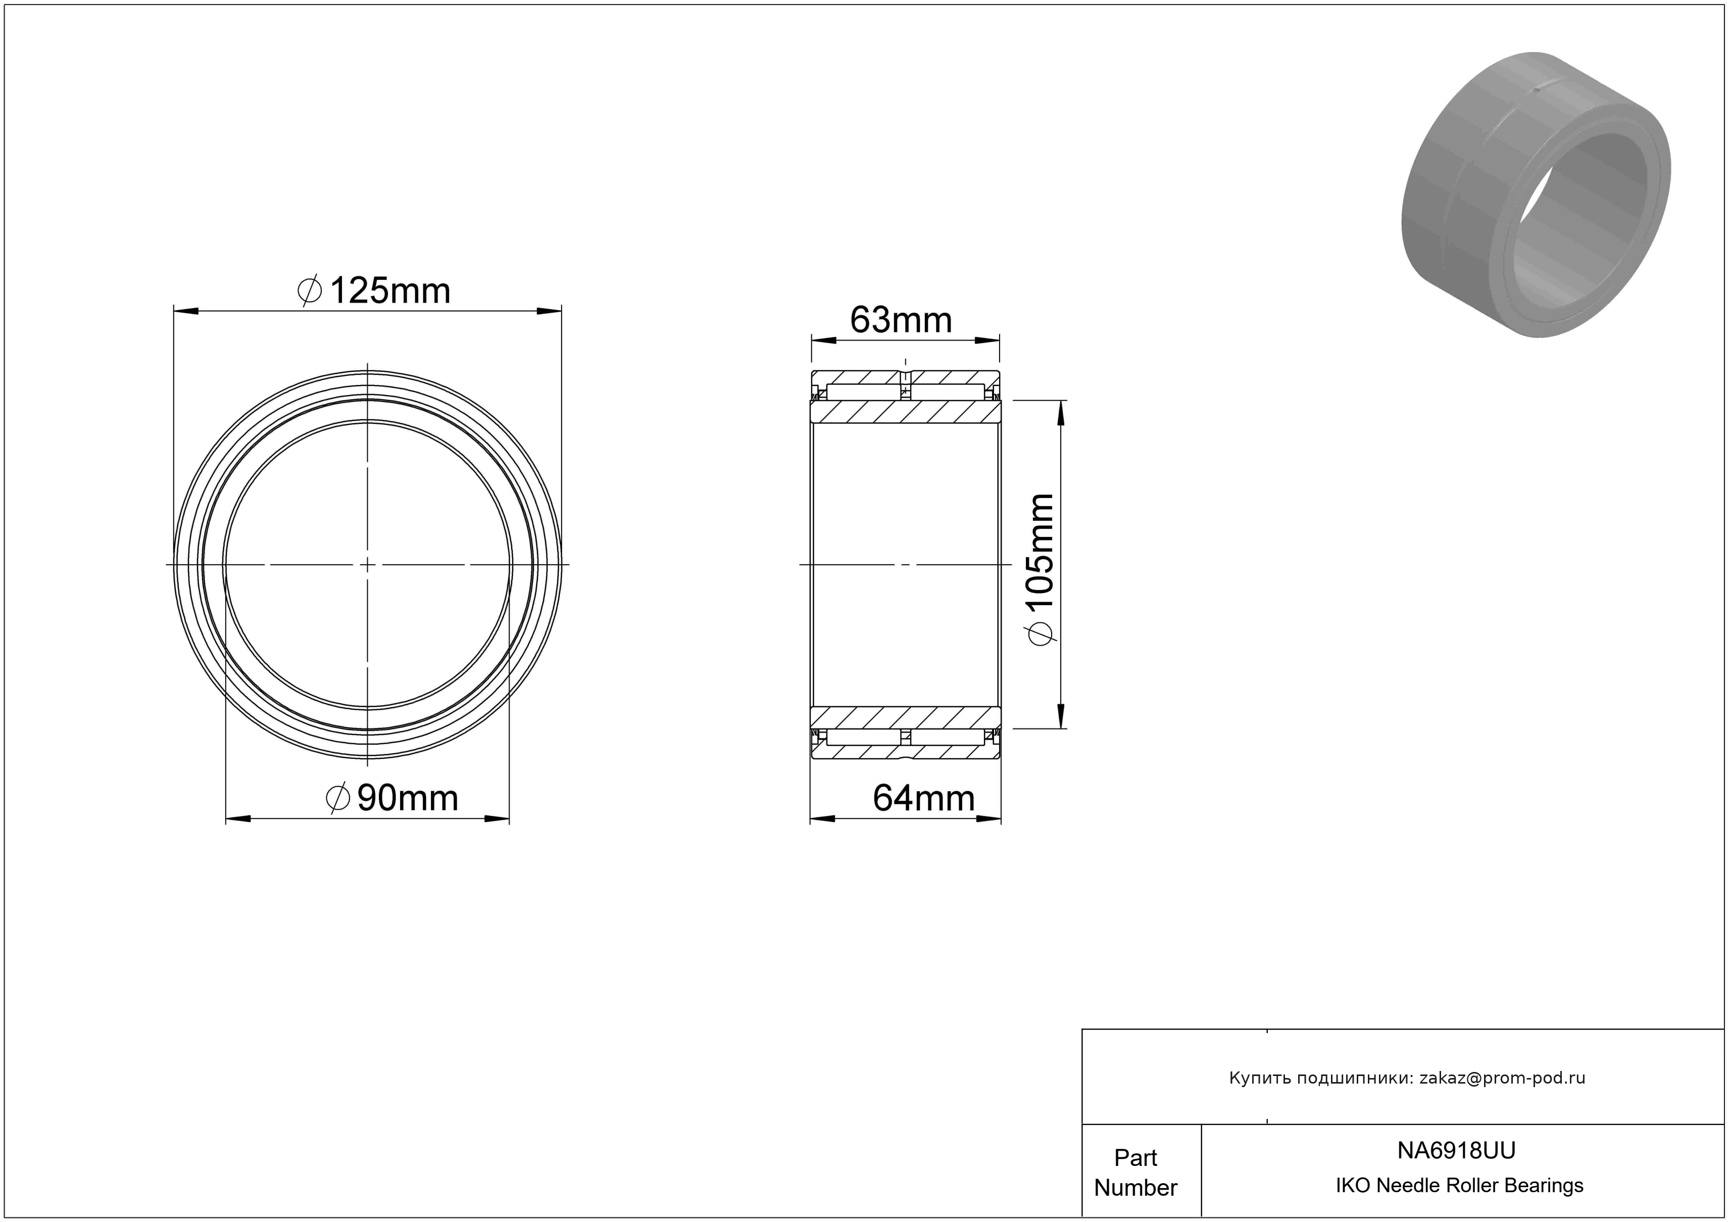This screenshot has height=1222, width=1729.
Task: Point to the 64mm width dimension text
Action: point(924,798)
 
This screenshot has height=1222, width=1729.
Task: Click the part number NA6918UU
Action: point(1456,1150)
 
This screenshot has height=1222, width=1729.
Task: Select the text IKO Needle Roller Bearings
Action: point(1459,1186)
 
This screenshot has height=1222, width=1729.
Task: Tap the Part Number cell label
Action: point(1135,1172)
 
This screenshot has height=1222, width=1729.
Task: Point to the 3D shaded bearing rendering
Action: point(1536,194)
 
